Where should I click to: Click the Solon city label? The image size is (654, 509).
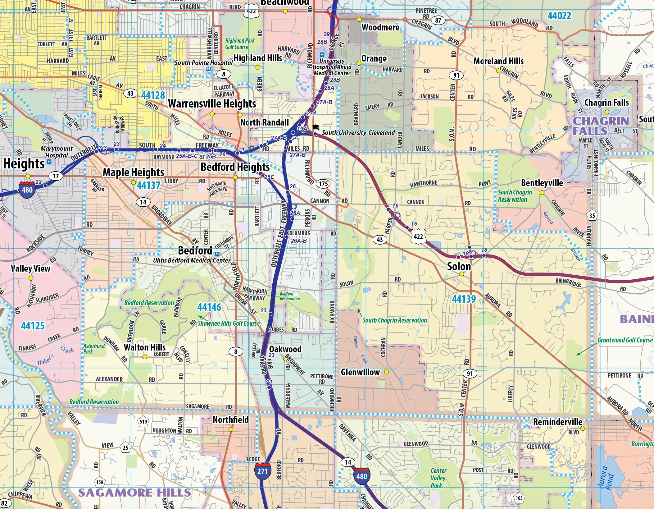coord(459,266)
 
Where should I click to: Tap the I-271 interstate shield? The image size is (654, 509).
coord(262,471)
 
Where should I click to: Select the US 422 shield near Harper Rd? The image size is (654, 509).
coord(418,237)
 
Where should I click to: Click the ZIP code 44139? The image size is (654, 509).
coord(464,299)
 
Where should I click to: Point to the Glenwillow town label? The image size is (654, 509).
coord(360,372)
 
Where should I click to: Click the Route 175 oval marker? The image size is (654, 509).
coord(323,184)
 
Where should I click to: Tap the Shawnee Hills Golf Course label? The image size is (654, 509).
coord(229,323)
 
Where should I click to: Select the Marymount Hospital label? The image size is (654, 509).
coord(56,152)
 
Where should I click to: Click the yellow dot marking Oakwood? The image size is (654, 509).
coord(285,359)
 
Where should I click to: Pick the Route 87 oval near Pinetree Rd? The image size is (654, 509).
coord(438,21)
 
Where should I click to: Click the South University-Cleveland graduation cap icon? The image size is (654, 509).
coord(316,127)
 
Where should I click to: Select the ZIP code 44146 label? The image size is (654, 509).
coord(209,307)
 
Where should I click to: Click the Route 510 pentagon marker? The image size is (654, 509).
coord(143,422)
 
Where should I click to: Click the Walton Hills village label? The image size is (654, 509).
coord(145,347)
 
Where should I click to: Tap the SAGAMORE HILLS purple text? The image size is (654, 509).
coord(134,493)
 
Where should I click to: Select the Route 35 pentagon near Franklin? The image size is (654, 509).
coord(592,216)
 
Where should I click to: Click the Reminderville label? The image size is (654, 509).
coord(557,422)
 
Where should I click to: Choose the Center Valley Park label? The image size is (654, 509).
coord(438,478)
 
